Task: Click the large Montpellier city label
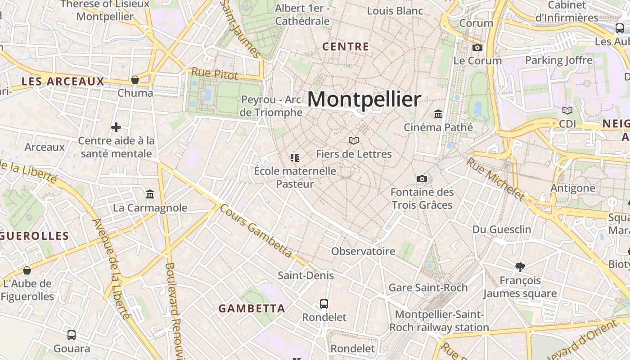coord(364,99)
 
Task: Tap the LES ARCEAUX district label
coord(63,81)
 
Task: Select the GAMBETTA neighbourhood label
coord(252,309)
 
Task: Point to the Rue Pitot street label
coord(215,74)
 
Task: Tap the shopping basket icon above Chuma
coord(135,80)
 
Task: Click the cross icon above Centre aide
coord(116,127)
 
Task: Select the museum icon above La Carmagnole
coord(150,194)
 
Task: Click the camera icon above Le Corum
coord(477,47)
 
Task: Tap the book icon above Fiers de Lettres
coord(354,140)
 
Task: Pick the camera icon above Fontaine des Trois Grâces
coord(422,179)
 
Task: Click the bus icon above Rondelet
coord(324,304)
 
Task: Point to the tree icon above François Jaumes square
coord(520,267)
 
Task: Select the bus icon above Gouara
coord(72,335)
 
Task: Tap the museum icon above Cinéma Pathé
coord(438,114)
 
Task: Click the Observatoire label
coord(363,251)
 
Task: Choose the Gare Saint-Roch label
coord(428,287)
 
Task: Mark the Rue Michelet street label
coord(495,179)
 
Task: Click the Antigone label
coord(573,188)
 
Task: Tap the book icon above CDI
coord(567,110)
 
